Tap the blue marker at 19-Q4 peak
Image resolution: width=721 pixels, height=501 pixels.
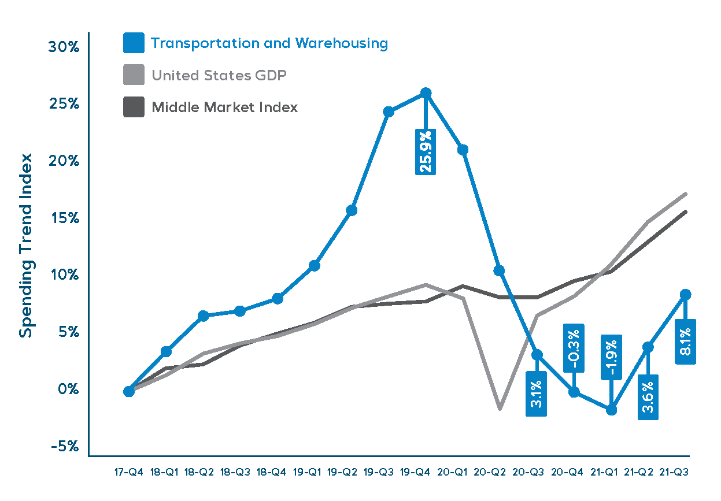point(426,93)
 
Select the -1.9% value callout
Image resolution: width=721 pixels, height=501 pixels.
point(611,357)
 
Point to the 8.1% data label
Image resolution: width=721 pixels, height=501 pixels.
point(686,342)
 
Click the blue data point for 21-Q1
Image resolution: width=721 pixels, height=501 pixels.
point(611,410)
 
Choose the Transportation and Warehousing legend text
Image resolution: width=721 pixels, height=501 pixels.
point(269,43)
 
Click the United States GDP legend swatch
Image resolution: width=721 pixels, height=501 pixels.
point(134,75)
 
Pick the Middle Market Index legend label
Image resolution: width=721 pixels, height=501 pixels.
point(224,107)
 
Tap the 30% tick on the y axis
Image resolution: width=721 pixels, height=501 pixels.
point(63,47)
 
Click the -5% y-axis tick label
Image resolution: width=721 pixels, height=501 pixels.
point(63,446)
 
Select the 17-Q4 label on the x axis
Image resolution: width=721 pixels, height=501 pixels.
point(129,472)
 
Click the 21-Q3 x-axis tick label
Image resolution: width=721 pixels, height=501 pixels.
point(674,472)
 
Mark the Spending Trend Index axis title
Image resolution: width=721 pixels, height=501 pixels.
point(27,245)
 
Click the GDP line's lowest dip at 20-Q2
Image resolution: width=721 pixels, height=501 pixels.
point(500,409)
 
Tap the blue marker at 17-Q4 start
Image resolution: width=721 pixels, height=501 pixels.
point(129,391)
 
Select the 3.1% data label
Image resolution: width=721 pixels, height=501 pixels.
point(536,394)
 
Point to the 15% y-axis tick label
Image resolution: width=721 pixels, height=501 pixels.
point(63,218)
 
